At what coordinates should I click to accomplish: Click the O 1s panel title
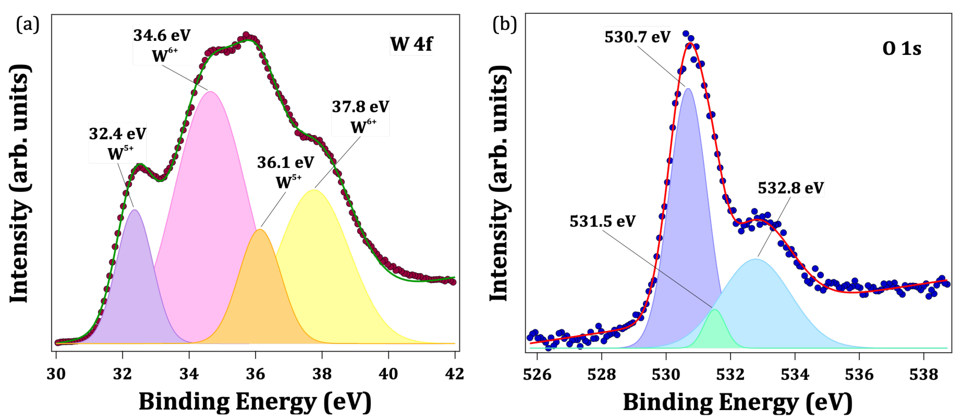(902, 48)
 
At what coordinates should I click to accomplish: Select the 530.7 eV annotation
(637, 37)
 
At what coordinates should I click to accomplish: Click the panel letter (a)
(28, 25)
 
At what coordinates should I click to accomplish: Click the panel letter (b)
(504, 25)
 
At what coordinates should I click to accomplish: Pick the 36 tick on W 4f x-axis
(255, 373)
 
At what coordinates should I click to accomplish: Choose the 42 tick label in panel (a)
(455, 373)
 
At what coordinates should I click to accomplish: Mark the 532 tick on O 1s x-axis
(730, 374)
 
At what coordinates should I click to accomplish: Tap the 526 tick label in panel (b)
(537, 374)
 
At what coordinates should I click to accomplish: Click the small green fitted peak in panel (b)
(714, 331)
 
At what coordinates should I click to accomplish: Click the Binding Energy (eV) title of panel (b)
(738, 402)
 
